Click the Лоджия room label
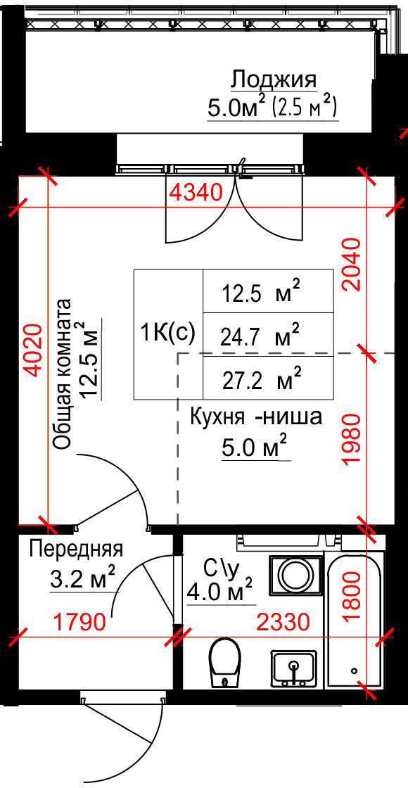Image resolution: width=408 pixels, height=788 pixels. coord(274,80)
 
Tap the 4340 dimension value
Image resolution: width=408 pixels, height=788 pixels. coord(195,193)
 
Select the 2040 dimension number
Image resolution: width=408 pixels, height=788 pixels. coord(351,265)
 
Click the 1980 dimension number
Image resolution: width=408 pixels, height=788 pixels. coord(351,440)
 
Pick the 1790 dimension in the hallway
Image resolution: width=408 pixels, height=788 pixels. coord(81,622)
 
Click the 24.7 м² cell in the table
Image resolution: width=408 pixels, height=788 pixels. coord(260,336)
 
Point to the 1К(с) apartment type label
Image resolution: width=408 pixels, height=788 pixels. coord(168,333)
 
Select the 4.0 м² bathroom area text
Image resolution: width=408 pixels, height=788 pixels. coord(219,590)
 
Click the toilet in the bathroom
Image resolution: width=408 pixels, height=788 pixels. coord(224,662)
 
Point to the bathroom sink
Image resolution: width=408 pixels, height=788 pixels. coord(294,668)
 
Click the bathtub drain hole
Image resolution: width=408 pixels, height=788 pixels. coord(355,671)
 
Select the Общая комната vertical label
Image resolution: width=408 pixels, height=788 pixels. coord(63,374)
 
